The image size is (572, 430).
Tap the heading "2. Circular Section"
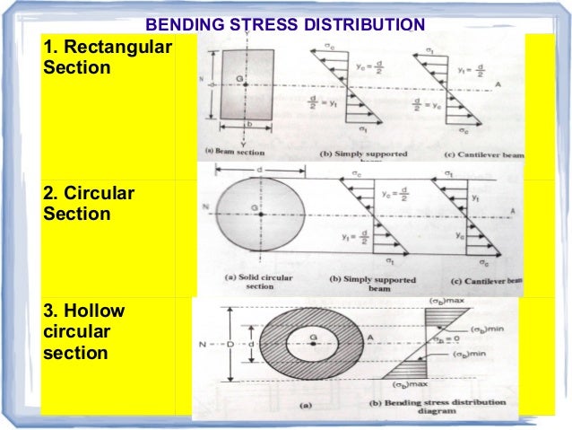(x=89, y=204)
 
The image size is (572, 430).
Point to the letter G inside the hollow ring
(x=312, y=338)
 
